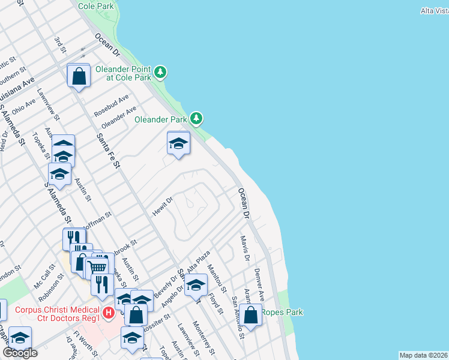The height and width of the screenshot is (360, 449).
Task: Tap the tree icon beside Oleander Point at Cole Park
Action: [x=160, y=73]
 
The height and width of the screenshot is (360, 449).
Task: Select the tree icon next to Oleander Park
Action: [x=196, y=118]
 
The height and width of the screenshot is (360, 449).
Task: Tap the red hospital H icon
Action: [x=109, y=313]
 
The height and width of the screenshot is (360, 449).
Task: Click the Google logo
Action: [x=20, y=353]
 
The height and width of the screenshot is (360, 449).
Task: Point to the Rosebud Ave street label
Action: [x=112, y=106]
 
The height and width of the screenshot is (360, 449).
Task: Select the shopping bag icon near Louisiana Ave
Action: [x=79, y=76]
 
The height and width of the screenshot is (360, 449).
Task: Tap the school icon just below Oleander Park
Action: [x=178, y=143]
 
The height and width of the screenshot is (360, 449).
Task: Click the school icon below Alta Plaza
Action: [x=196, y=286]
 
